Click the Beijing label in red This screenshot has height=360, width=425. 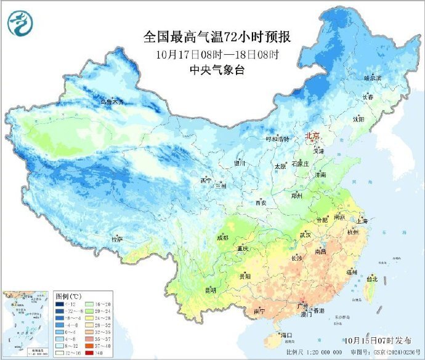[313, 136]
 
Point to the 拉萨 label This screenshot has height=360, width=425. [116, 239]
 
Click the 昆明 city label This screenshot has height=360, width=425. [211, 290]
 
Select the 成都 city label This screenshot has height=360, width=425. [222, 237]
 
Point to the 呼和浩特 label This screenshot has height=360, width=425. [277, 139]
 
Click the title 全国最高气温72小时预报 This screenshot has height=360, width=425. [217, 37]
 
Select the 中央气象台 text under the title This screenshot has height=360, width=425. [217, 70]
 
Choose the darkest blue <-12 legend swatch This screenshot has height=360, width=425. [61, 305]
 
